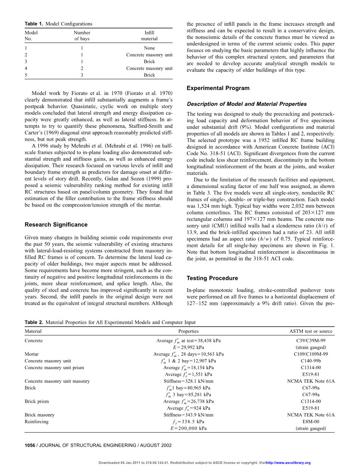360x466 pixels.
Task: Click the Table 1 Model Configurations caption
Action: pyautogui.click(x=59, y=24)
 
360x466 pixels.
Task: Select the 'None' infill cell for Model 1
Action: pyautogui.click(x=149, y=48)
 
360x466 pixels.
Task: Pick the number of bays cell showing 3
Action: pyautogui.click(x=82, y=75)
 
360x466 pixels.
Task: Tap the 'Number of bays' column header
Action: pyautogui.click(x=82, y=36)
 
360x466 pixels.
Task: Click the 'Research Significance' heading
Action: pyautogui.click(x=56, y=225)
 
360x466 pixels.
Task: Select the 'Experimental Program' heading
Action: pyautogui.click(x=218, y=88)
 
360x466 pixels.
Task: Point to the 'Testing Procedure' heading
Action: pyautogui.click(x=212, y=278)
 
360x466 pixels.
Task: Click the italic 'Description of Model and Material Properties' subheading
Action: pyautogui.click(x=247, y=104)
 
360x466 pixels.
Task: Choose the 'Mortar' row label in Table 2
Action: pyautogui.click(x=31, y=354)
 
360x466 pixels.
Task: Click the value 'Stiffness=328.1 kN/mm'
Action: pyautogui.click(x=188, y=381)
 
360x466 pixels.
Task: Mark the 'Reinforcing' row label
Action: pyautogui.click(x=37, y=422)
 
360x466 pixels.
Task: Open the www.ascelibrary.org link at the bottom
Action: pyautogui.click(x=289, y=463)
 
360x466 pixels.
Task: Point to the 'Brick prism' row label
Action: pyautogui.click(x=37, y=401)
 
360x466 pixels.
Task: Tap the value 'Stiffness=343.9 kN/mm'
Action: pyautogui.click(x=188, y=415)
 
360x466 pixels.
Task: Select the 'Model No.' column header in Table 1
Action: pyautogui.click(x=31, y=36)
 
